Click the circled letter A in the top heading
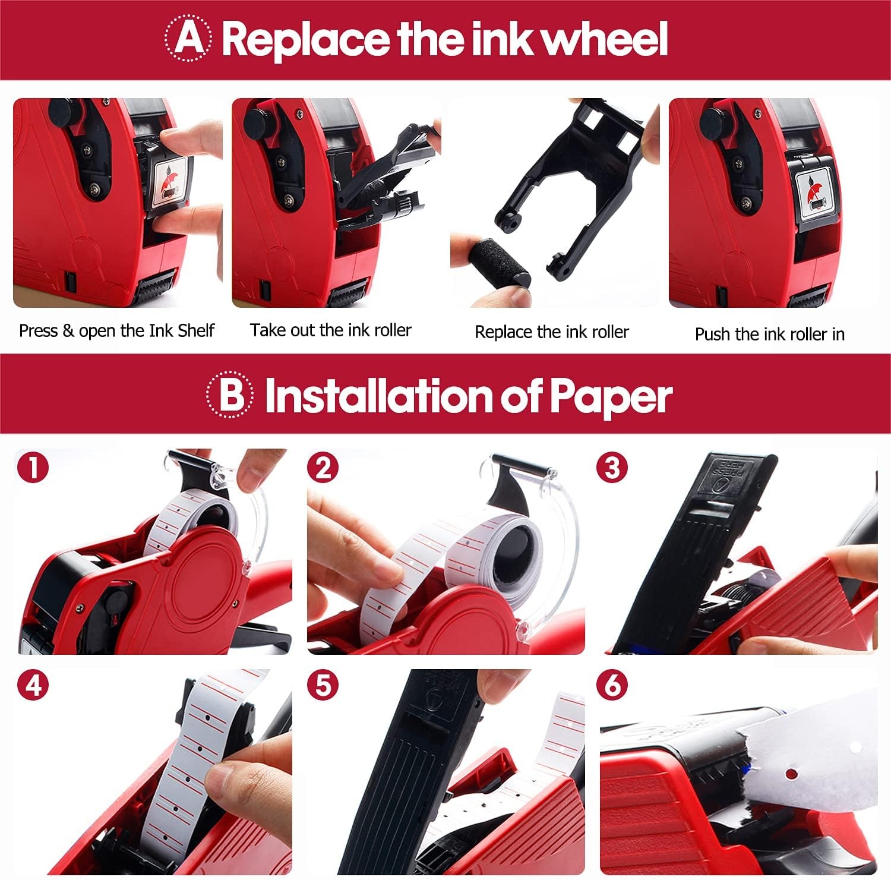(187, 39)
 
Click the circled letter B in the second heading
(230, 395)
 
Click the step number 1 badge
(33, 468)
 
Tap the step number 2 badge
(323, 468)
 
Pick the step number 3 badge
(612, 468)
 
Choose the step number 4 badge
(33, 685)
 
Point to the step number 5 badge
(323, 685)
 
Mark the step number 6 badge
(612, 685)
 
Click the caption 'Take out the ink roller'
(331, 330)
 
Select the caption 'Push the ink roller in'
(770, 335)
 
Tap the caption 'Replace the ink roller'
(552, 332)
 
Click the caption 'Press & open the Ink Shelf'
(116, 330)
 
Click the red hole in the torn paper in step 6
(790, 774)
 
